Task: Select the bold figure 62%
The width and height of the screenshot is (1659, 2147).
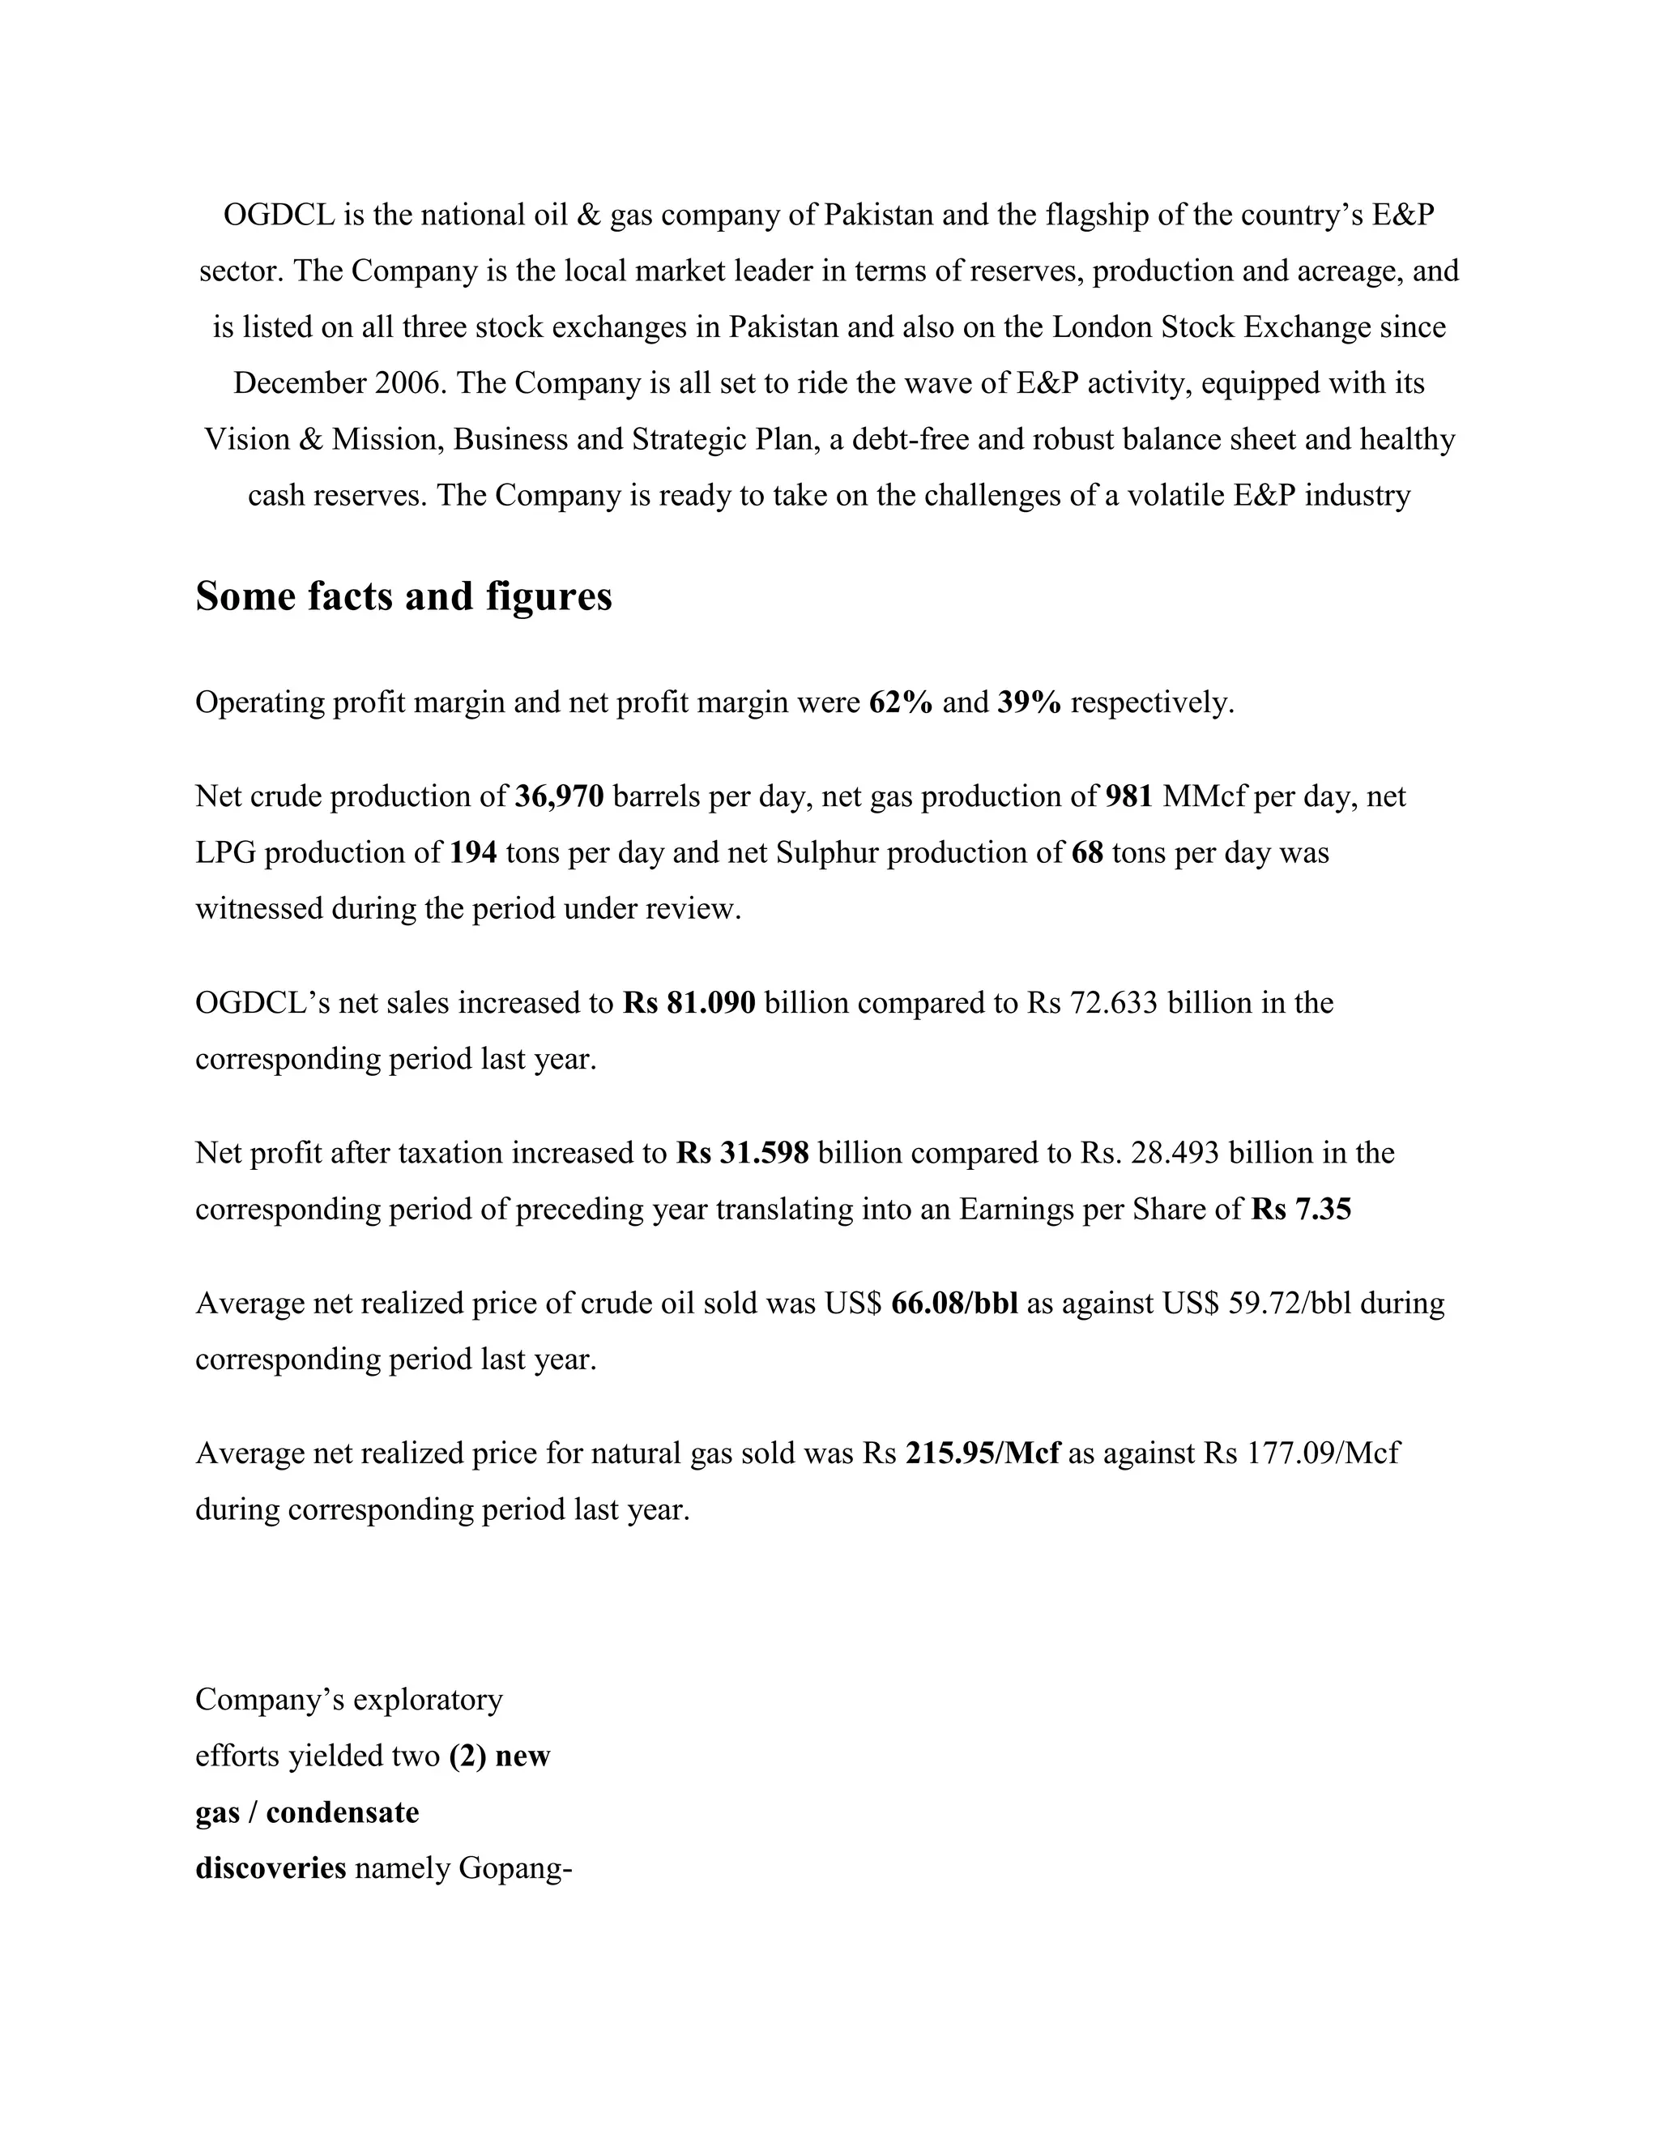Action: tap(900, 703)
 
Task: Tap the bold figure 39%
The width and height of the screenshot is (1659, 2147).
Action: tap(1029, 703)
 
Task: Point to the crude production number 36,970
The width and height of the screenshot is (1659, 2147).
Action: tap(559, 796)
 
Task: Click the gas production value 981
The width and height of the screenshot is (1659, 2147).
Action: tap(1128, 796)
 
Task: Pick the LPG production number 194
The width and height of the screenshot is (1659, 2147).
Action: tap(473, 852)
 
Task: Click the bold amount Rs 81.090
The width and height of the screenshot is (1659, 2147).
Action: tap(689, 1003)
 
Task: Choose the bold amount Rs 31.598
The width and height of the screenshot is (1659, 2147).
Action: tap(742, 1153)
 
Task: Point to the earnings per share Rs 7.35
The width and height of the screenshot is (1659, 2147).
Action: tap(1301, 1209)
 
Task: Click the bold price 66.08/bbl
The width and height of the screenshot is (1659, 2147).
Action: tap(954, 1304)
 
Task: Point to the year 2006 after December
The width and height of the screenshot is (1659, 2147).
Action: tap(410, 383)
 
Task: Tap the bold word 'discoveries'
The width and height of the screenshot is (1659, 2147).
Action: tap(271, 1867)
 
